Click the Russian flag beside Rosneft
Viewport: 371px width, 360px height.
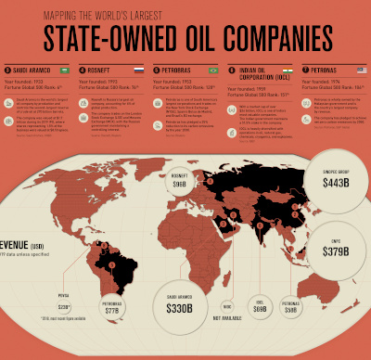138,70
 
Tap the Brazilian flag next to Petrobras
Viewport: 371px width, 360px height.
213,70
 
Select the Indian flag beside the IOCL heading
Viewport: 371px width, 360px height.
286,70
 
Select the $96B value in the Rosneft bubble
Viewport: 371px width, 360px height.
179,185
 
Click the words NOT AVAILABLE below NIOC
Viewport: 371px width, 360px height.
227,320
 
